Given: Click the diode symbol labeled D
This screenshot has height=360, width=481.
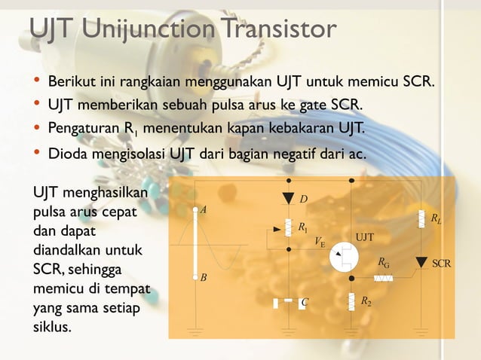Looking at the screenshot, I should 288,199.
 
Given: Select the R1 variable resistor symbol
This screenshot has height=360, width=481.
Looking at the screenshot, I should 288,227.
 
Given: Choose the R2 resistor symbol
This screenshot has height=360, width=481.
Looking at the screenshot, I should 351,302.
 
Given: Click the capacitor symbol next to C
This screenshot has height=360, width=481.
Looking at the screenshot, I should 288,303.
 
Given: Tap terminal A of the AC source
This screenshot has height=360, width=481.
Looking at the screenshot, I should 195,211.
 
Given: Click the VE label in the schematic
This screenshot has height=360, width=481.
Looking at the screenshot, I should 320,243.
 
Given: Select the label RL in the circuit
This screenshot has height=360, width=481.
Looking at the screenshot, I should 437,219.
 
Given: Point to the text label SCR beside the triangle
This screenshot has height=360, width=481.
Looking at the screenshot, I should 442,264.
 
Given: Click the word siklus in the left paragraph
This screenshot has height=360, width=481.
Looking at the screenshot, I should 52,327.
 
